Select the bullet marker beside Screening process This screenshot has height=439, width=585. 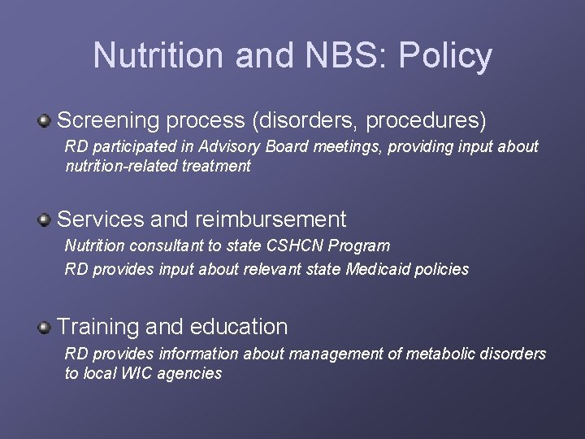[x=45, y=121]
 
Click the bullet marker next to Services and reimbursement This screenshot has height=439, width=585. [x=45, y=219]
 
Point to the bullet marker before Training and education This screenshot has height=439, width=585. [x=45, y=327]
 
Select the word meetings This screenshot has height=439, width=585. [x=318, y=147]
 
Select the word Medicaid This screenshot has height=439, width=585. [x=380, y=269]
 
